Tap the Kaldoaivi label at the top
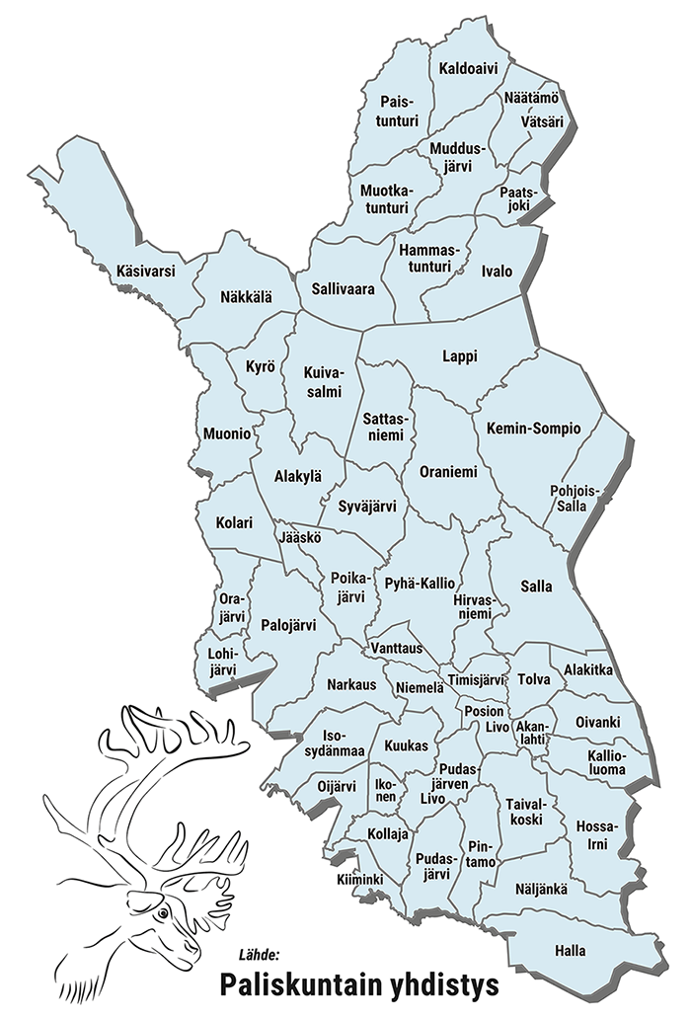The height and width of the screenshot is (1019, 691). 469,69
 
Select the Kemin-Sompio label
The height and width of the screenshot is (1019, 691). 533,429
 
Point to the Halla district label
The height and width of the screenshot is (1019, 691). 571,951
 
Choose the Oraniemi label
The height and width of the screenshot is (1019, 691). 447,472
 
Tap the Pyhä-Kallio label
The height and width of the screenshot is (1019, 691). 420,583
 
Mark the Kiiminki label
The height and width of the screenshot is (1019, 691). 358,879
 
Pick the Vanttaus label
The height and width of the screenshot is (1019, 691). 398,648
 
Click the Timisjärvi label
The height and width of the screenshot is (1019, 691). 477,680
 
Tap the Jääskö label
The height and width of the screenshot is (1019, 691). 300,539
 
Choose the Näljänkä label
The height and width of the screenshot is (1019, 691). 542,889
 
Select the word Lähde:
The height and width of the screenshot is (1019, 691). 260,955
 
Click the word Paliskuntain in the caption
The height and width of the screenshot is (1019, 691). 291,985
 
